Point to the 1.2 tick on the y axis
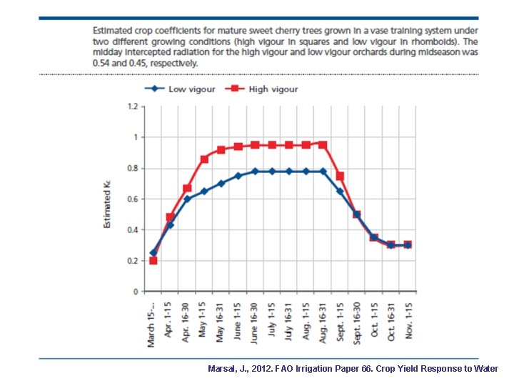coord(132,107)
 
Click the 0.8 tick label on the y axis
coord(132,168)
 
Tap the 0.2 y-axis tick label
coord(132,261)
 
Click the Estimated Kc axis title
coord(107,204)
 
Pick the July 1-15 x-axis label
coord(271,322)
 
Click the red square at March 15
coord(153,260)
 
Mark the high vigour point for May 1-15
coord(204,159)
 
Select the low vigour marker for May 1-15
coord(204,192)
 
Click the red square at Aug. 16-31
coord(323,144)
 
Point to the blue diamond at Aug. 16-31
coord(323,172)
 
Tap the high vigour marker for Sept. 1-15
coord(340,176)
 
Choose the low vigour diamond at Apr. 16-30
coord(187,199)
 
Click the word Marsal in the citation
coord(222,369)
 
